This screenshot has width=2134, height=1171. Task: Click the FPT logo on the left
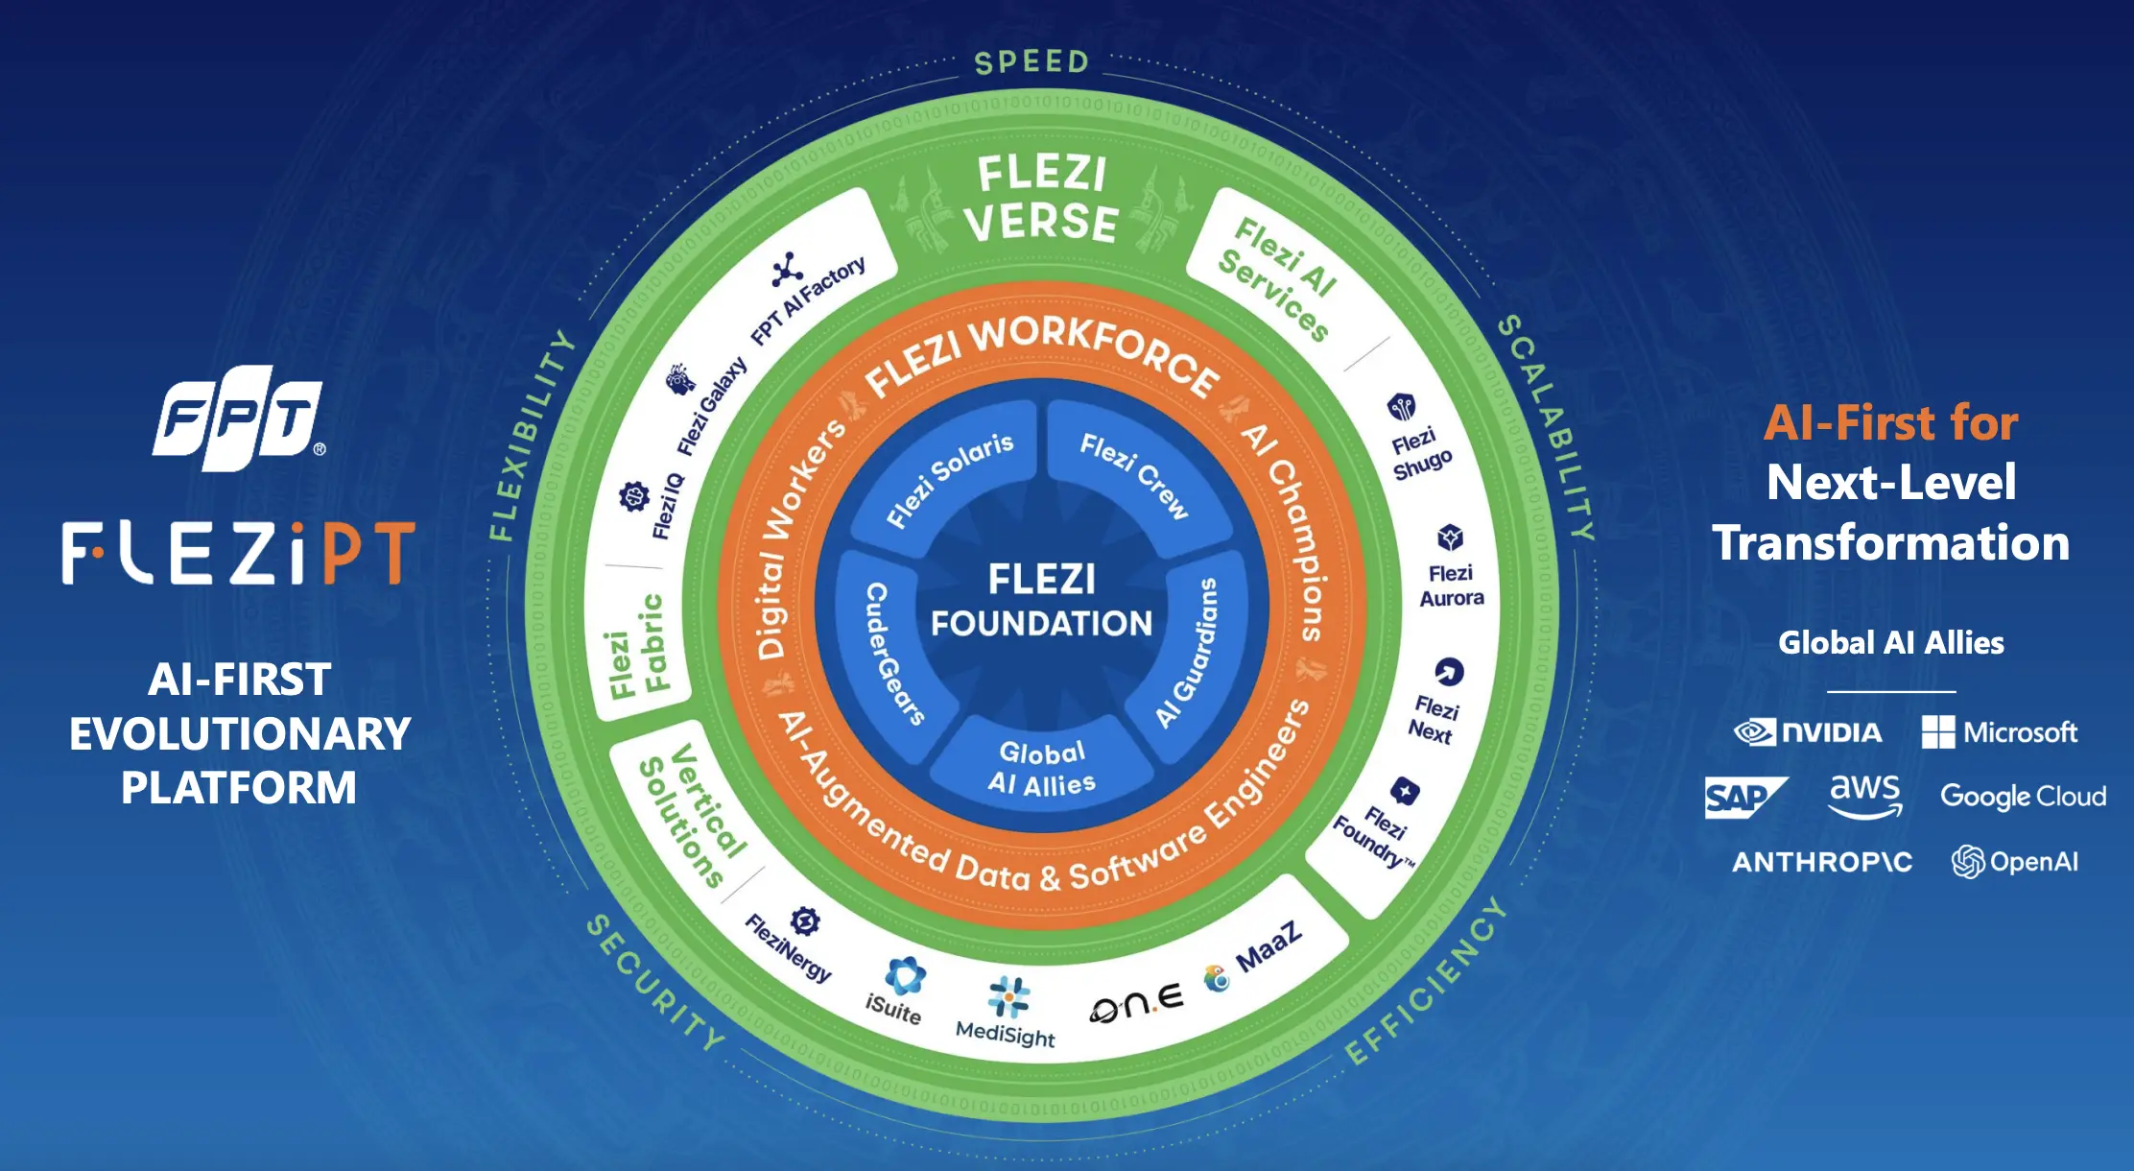pyautogui.click(x=238, y=418)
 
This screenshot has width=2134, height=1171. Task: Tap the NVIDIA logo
pyautogui.click(x=1808, y=732)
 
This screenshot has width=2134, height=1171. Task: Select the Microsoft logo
pyautogui.click(x=2000, y=732)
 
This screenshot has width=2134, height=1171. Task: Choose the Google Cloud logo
pyautogui.click(x=2023, y=796)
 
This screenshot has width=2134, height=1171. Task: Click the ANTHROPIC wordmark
pyautogui.click(x=1822, y=862)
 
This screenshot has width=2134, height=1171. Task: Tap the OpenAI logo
pyautogui.click(x=2015, y=862)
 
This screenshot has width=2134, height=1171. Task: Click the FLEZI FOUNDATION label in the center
pyautogui.click(x=1042, y=601)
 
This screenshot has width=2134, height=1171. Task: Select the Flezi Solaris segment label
pyautogui.click(x=949, y=479)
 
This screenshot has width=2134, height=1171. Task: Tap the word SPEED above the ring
pyautogui.click(x=1032, y=62)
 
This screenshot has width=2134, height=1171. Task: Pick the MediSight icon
pyautogui.click(x=1008, y=996)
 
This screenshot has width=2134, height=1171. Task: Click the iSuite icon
pyautogui.click(x=905, y=976)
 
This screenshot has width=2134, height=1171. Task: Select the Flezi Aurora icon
pyautogui.click(x=1450, y=538)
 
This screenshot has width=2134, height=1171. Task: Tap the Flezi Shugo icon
pyautogui.click(x=1402, y=407)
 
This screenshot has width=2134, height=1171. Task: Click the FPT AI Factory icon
pyautogui.click(x=788, y=270)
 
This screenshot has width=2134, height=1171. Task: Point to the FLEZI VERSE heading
pyautogui.click(x=1042, y=199)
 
